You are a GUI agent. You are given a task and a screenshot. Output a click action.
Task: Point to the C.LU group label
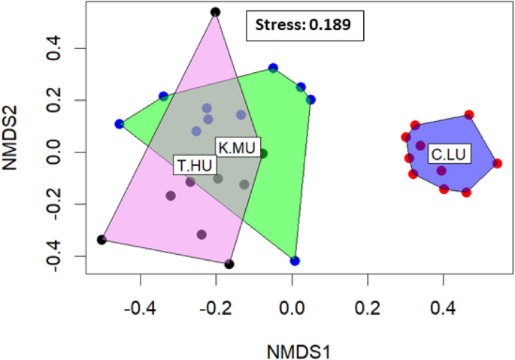tap(448, 156)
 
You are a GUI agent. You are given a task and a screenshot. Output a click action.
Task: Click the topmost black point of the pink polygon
tap(215, 12)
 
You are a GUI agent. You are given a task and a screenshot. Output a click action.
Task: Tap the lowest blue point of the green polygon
tap(295, 261)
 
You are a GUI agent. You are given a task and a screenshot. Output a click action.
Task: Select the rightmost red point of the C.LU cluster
tap(497, 163)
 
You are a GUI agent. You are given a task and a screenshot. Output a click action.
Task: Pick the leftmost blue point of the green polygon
tap(120, 124)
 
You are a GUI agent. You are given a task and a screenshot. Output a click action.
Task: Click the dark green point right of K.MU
tap(263, 153)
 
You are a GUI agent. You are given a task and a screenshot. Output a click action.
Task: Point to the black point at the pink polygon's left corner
tap(101, 240)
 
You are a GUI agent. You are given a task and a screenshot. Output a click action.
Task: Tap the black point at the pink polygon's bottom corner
tap(229, 264)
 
